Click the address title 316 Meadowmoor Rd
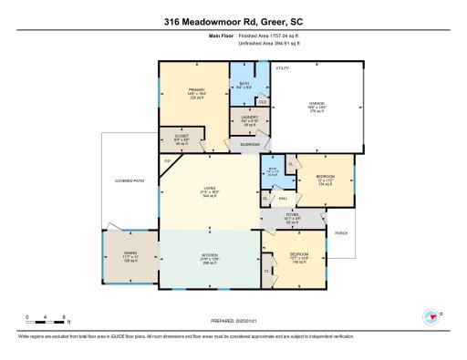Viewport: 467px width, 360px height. pyautogui.click(x=233, y=22)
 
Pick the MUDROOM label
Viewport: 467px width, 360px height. pyautogui.click(x=250, y=145)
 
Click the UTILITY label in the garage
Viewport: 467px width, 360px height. pyautogui.click(x=283, y=67)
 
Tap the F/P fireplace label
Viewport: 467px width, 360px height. pyautogui.click(x=168, y=161)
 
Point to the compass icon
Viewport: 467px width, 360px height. pyautogui.click(x=431, y=317)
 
